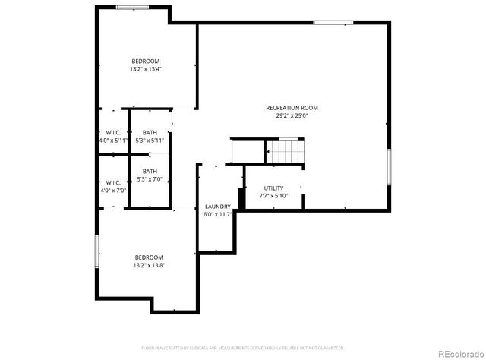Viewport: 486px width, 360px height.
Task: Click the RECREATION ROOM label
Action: tap(292, 108)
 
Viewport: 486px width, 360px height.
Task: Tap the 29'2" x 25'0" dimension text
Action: tap(292, 116)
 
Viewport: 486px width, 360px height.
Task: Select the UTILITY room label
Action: tap(273, 188)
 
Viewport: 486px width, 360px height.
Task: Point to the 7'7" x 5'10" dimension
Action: tap(273, 196)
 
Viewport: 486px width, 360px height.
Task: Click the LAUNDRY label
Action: tap(217, 207)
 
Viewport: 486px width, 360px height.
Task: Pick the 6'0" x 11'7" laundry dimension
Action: tap(217, 215)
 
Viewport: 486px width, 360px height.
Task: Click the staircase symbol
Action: tap(286, 152)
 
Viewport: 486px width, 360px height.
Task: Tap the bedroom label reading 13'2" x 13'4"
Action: tap(145, 69)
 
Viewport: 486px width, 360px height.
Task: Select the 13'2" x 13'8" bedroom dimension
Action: tap(149, 265)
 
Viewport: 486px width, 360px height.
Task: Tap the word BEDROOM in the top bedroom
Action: tap(145, 61)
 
